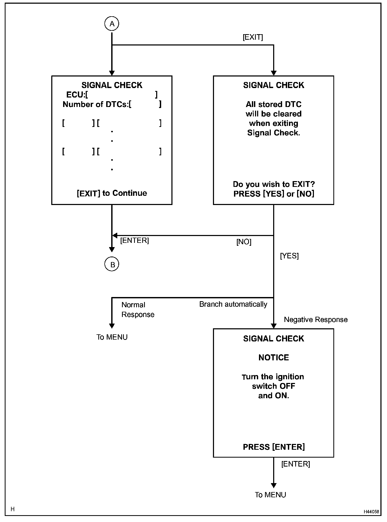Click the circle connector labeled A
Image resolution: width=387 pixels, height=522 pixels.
tap(112, 24)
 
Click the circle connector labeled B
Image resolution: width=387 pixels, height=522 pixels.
tap(112, 264)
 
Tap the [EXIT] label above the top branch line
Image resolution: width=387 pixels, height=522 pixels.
tap(253, 37)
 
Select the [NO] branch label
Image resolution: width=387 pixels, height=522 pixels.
tap(244, 242)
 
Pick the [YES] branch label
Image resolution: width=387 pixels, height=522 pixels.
tap(289, 256)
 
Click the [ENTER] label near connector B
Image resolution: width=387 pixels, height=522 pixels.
tap(135, 240)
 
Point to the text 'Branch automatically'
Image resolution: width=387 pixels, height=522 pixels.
tap(233, 304)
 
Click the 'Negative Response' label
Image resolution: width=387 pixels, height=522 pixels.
tap(316, 320)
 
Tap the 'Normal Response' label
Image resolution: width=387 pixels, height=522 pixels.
tap(138, 310)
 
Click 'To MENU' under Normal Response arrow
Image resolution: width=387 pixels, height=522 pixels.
tap(112, 337)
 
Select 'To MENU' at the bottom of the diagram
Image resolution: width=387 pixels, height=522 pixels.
tap(271, 495)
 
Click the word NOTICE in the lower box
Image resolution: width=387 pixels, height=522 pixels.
tap(274, 357)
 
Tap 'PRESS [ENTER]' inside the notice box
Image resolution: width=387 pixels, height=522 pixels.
tap(274, 447)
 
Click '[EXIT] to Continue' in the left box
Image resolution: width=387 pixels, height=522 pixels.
tap(112, 193)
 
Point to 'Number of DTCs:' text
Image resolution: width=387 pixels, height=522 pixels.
tap(95, 104)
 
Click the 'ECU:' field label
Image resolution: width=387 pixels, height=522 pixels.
tap(75, 95)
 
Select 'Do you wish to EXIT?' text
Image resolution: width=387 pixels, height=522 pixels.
tap(274, 184)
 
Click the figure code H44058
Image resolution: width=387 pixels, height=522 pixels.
tap(371, 512)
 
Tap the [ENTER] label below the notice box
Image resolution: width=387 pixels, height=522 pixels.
tap(296, 464)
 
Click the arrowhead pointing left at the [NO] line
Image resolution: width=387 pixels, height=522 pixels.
tap(115, 236)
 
